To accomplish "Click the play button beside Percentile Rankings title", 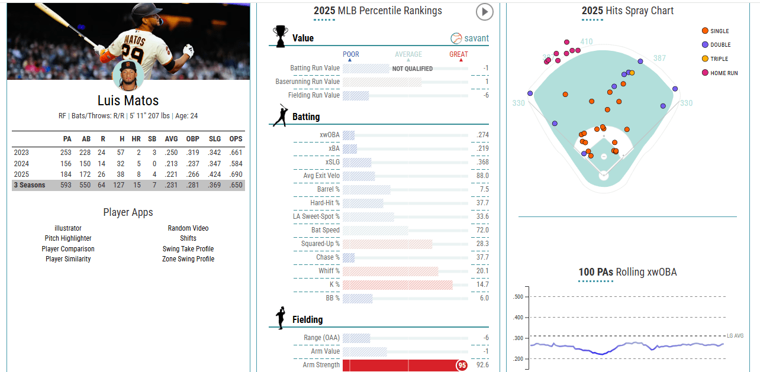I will (x=484, y=11).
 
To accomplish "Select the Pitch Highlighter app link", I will (x=68, y=238).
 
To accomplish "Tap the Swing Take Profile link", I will (x=188, y=249).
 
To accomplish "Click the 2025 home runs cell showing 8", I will (x=136, y=174).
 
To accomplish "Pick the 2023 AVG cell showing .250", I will (x=170, y=153).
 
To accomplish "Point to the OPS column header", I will (x=236, y=139).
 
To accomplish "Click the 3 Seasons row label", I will (x=30, y=185).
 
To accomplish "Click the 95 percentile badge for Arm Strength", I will (x=462, y=365).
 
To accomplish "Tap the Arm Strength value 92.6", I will (x=482, y=365).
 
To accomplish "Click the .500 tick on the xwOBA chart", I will (x=519, y=297).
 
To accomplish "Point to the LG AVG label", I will (x=735, y=336).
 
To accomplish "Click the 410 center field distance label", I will (x=586, y=41).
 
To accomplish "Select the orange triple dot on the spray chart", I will (x=632, y=73).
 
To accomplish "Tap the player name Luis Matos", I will (x=128, y=101).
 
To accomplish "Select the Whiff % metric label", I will (x=329, y=271).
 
